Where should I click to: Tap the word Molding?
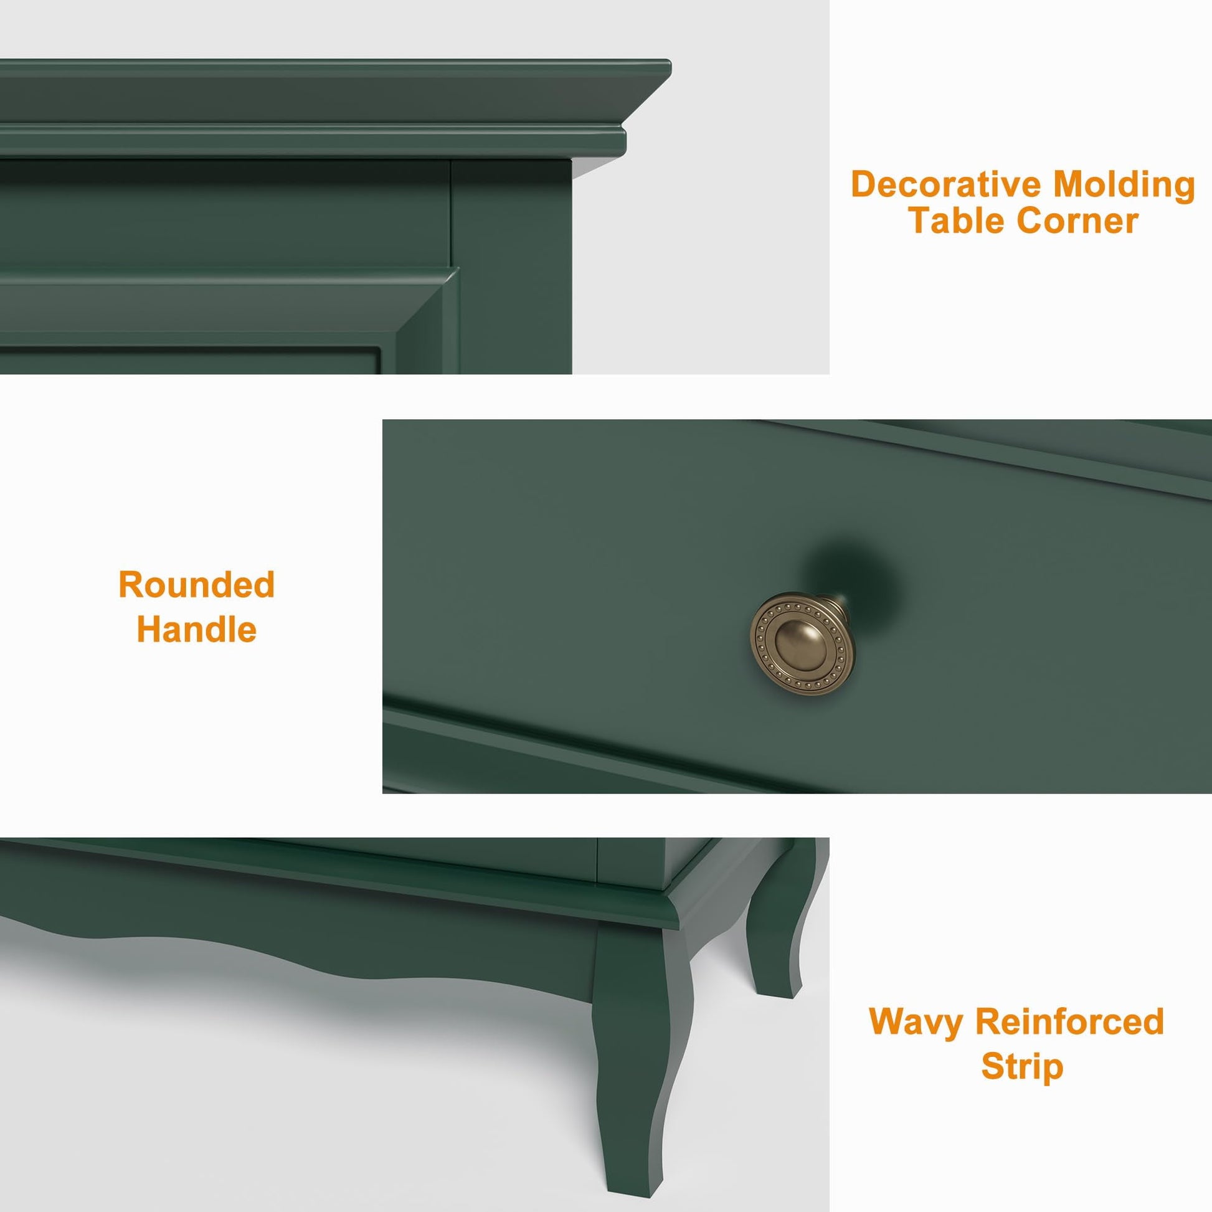(x=1124, y=186)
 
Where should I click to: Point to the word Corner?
(x=1077, y=222)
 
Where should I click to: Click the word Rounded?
(x=197, y=585)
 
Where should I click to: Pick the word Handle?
(x=197, y=629)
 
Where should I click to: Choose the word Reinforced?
(x=1070, y=1021)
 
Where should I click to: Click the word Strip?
(x=1022, y=1067)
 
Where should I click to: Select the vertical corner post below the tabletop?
(x=511, y=267)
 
